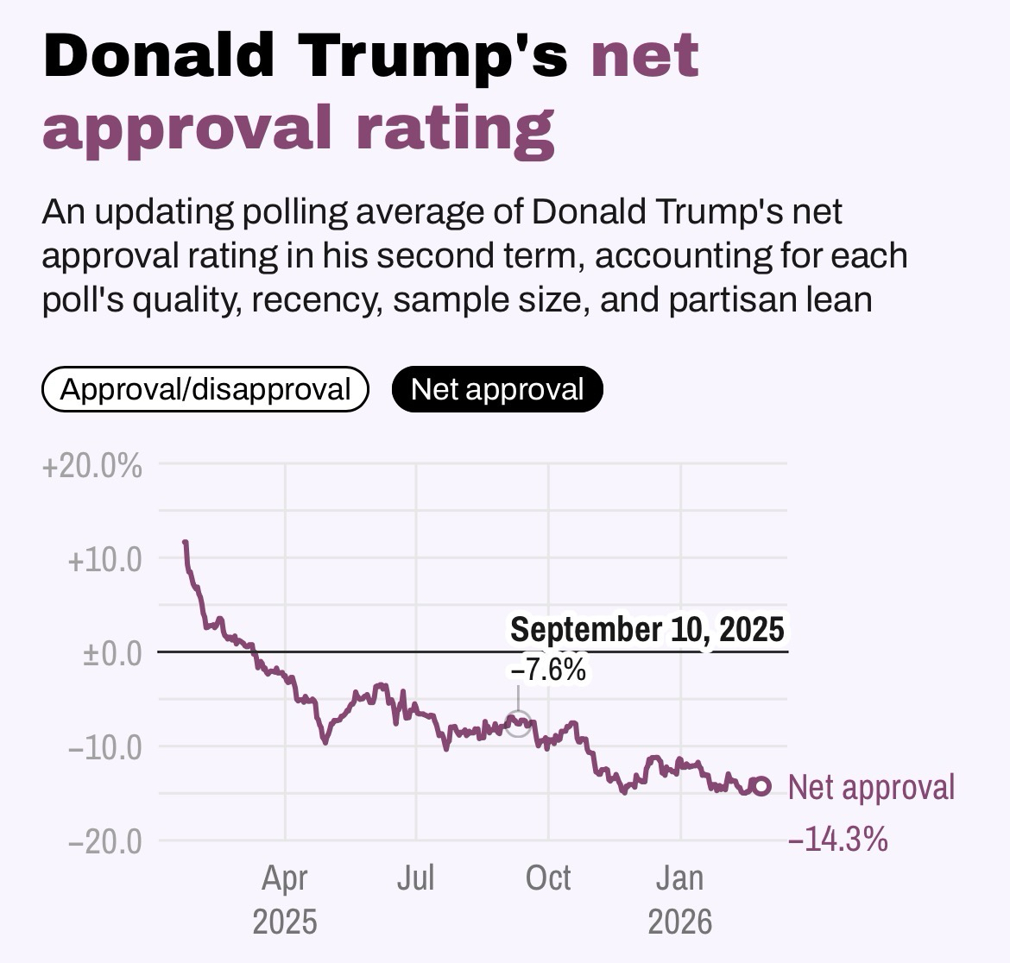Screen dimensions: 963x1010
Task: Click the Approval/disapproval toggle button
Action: (x=205, y=389)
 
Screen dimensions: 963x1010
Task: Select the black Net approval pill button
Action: (x=497, y=389)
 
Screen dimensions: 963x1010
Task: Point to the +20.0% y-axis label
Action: (x=92, y=467)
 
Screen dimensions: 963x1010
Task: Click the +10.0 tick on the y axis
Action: (x=104, y=560)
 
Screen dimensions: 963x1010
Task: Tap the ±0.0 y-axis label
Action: (x=111, y=653)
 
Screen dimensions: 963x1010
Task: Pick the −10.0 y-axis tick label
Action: (x=104, y=746)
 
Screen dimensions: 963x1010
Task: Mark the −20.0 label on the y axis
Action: (x=104, y=840)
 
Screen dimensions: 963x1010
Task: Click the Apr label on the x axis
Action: (x=284, y=878)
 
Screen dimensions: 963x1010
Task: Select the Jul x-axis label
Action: (x=415, y=878)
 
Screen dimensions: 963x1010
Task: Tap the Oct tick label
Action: (x=548, y=878)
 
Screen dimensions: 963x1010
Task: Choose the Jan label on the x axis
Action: (x=680, y=878)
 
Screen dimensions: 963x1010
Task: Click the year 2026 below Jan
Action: (x=680, y=922)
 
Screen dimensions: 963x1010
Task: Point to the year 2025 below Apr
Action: (x=284, y=922)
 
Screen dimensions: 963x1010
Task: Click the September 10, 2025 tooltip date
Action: (x=647, y=629)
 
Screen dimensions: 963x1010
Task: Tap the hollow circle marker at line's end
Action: (x=761, y=785)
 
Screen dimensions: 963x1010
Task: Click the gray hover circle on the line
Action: (x=517, y=723)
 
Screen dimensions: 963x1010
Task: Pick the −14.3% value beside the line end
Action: (x=837, y=839)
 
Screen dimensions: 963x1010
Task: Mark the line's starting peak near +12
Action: (x=185, y=543)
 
